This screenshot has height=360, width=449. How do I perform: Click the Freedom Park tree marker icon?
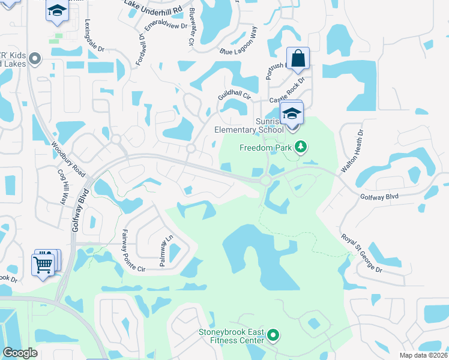pyautogui.click(x=301, y=147)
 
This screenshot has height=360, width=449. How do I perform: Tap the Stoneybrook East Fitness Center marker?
pyautogui.click(x=274, y=335)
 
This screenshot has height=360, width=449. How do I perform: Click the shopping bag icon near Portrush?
pyautogui.click(x=298, y=59)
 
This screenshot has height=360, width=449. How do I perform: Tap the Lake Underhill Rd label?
pyautogui.click(x=152, y=8)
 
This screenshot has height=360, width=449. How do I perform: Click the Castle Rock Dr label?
pyautogui.click(x=288, y=91)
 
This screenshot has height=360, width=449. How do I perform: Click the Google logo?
pyautogui.click(x=20, y=353)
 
